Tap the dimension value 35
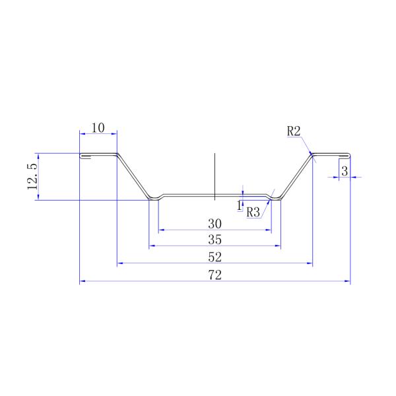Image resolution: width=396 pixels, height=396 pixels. (214, 239)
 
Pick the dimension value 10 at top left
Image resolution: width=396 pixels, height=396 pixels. (98, 127)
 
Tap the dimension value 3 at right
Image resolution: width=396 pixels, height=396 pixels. (345, 171)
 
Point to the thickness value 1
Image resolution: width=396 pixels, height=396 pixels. (239, 205)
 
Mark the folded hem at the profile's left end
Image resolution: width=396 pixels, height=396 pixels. (84, 156)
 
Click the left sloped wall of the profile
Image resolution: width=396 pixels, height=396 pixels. (135, 176)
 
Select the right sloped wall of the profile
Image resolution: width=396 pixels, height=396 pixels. (296, 176)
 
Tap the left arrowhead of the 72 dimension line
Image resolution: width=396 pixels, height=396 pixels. (82, 282)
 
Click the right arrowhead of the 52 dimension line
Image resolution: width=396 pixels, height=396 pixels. (310, 263)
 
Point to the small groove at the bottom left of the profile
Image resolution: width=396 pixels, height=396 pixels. (156, 197)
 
